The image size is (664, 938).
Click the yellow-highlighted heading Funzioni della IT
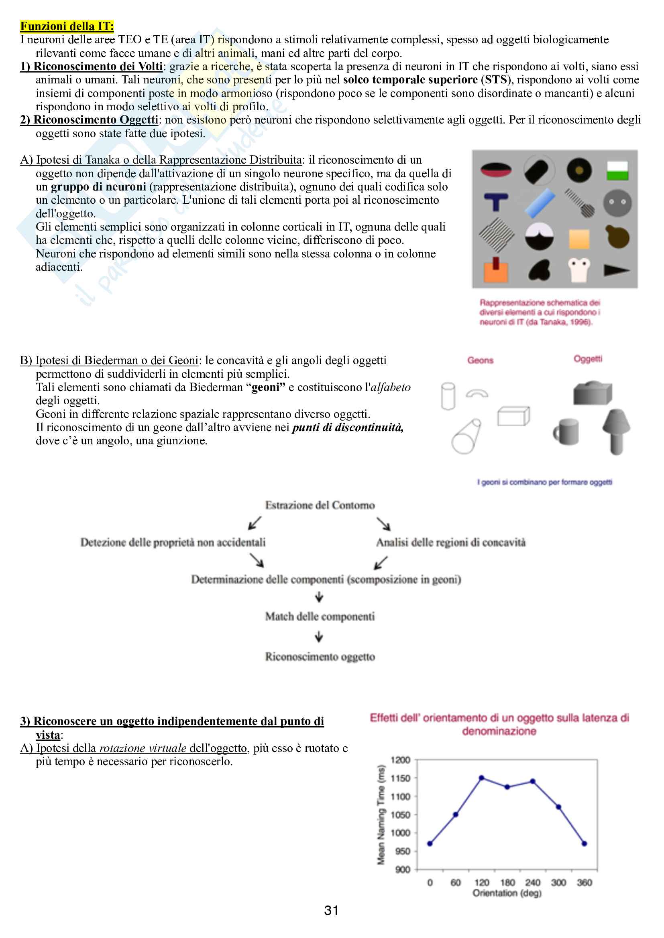(x=67, y=26)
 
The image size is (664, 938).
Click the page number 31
(x=331, y=911)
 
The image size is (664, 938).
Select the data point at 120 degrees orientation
(x=482, y=778)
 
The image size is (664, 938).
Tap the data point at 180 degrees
(x=507, y=787)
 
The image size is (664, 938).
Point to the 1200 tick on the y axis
(x=400, y=760)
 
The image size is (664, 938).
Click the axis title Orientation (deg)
(x=507, y=893)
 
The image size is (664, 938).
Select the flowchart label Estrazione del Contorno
(x=320, y=505)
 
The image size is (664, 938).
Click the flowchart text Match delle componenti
(x=320, y=616)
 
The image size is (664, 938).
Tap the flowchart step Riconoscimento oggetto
(x=320, y=656)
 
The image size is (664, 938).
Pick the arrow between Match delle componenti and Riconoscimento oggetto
(x=319, y=636)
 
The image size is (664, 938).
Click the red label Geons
(x=481, y=361)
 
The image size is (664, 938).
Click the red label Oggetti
(x=588, y=359)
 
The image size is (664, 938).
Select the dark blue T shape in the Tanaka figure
(x=496, y=202)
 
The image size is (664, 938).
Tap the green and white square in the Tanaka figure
(x=617, y=170)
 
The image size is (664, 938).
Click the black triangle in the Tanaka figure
(x=616, y=269)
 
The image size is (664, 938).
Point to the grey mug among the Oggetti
(x=567, y=432)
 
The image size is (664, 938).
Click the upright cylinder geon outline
(x=448, y=395)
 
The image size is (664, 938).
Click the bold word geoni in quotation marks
(x=268, y=387)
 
